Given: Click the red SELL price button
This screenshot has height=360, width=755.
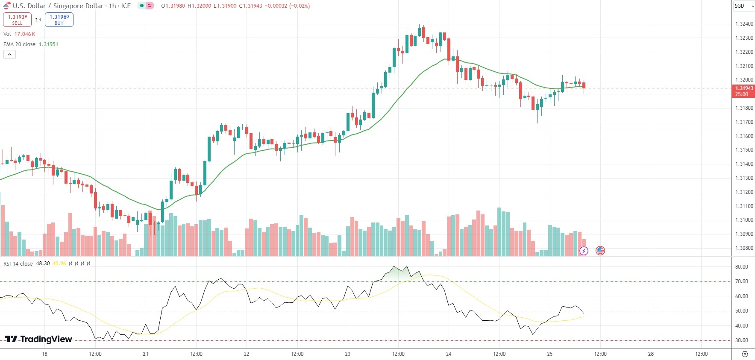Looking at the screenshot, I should click(17, 20).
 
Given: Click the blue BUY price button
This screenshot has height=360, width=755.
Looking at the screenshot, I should click(59, 20).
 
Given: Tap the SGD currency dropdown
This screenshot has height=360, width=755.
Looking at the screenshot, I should click(744, 6).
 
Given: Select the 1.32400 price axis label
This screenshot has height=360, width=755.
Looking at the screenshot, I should click(744, 24).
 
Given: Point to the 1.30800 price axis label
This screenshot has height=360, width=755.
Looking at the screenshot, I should click(744, 248).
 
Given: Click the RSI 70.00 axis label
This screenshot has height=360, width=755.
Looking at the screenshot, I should click(741, 281).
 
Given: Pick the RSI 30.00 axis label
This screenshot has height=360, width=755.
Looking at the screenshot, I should click(741, 340).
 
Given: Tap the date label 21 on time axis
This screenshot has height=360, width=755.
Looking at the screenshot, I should click(146, 354).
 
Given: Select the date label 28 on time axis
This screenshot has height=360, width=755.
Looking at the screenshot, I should click(651, 354).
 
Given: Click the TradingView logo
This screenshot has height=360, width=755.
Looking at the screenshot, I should click(38, 339).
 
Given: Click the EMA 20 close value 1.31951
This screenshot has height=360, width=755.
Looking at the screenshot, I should click(49, 44).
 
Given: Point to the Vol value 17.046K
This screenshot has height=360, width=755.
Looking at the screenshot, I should click(25, 34).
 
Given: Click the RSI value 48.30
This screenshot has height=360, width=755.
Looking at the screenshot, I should click(43, 263).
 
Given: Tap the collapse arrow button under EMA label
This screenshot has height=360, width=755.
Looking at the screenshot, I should click(9, 55).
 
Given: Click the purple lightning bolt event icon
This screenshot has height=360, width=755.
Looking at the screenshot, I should click(584, 251).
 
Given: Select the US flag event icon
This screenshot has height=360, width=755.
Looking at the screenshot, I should click(600, 251).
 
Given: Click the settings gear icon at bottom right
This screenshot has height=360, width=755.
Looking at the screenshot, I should click(745, 354).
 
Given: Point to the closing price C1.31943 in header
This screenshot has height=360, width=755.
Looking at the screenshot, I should click(250, 6).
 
